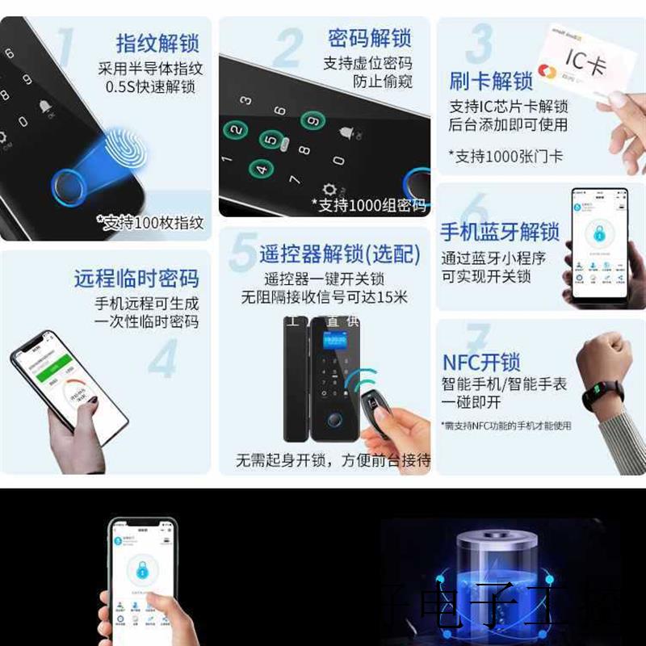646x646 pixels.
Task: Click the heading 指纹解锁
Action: [157, 42]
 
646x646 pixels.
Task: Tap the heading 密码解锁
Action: [369, 38]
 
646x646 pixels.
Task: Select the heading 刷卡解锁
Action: [490, 82]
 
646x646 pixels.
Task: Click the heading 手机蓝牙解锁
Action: [499, 233]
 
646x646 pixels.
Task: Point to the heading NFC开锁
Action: [481, 361]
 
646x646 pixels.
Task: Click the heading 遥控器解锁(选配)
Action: [339, 254]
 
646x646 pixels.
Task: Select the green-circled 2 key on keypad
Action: [236, 130]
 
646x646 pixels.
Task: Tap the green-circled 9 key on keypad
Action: [312, 121]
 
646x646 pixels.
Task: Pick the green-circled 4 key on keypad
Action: [260, 169]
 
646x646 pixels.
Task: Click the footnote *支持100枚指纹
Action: [150, 222]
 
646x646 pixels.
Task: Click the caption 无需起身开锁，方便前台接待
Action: [333, 460]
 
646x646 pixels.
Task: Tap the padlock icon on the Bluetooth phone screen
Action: [599, 234]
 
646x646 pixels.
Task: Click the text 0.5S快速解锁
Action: [151, 86]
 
